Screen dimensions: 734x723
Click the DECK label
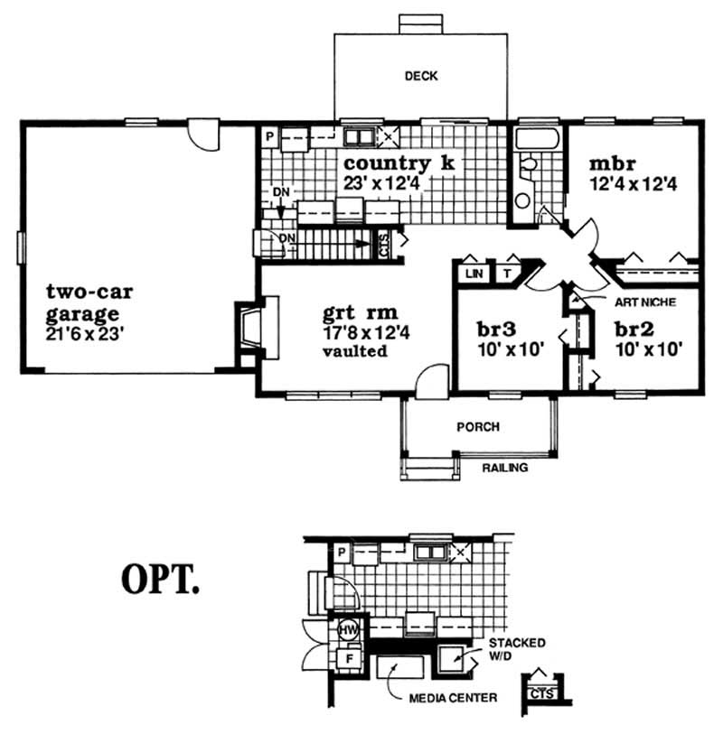[421, 77]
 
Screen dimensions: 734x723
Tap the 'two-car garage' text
[83, 303]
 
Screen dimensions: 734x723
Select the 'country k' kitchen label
[399, 163]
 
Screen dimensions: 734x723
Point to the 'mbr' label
[614, 165]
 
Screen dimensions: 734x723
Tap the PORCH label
[478, 427]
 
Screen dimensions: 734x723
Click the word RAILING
[504, 469]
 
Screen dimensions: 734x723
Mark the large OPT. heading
[159, 581]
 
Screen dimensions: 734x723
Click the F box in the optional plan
[347, 659]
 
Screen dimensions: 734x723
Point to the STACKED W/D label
[517, 649]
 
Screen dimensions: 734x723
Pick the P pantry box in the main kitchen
[269, 137]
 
